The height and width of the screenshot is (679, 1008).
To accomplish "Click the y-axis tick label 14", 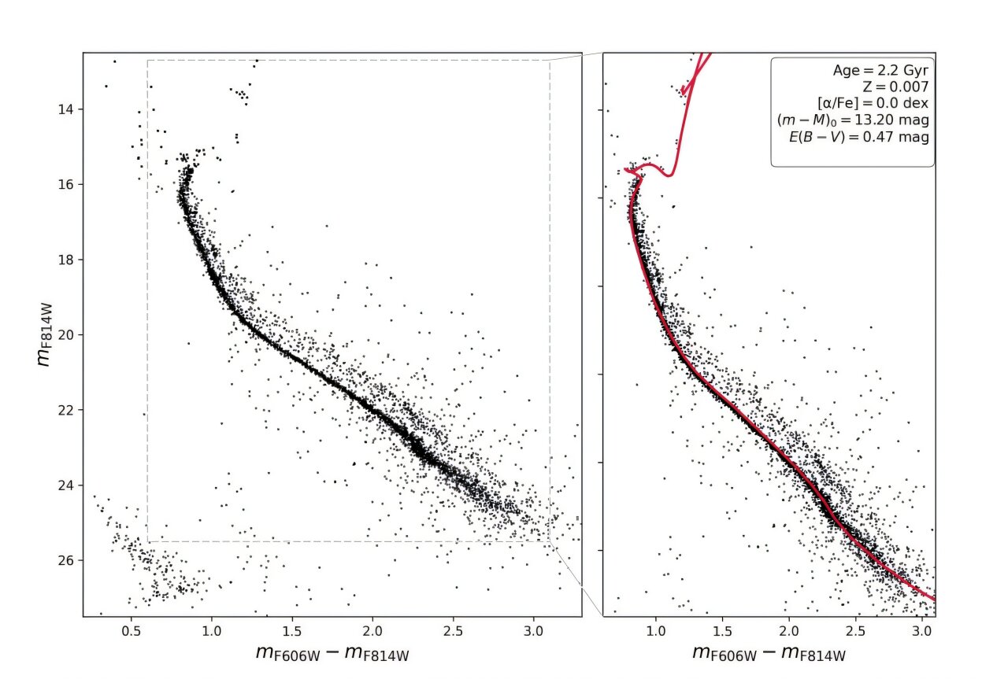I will (x=65, y=109).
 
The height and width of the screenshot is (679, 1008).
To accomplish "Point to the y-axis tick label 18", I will (x=65, y=260).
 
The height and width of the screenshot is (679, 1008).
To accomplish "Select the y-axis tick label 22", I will (x=65, y=410).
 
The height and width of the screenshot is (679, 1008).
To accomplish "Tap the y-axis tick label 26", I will (x=65, y=560).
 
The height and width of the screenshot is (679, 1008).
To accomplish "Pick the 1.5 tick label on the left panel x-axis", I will (x=292, y=631).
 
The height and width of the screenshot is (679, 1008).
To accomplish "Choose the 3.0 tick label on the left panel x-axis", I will (x=532, y=631).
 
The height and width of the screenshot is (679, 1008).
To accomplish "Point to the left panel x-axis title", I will (x=332, y=655).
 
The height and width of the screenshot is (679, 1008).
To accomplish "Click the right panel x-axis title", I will (x=769, y=655).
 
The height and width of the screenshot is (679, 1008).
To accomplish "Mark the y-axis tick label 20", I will (x=65, y=334).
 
